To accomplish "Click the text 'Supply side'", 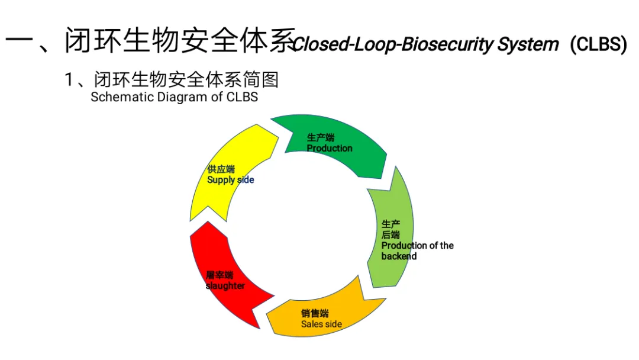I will (x=230, y=179).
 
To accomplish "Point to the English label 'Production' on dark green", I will (x=329, y=148).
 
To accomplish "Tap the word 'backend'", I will (x=399, y=256).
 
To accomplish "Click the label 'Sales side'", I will (x=321, y=324).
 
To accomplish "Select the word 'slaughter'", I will (x=225, y=286).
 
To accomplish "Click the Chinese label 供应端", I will (x=221, y=169).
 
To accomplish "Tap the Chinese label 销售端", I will (x=315, y=314).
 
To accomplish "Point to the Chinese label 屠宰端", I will (x=220, y=275).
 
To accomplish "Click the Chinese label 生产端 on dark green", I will (x=321, y=138).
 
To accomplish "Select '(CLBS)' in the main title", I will (x=598, y=44).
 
